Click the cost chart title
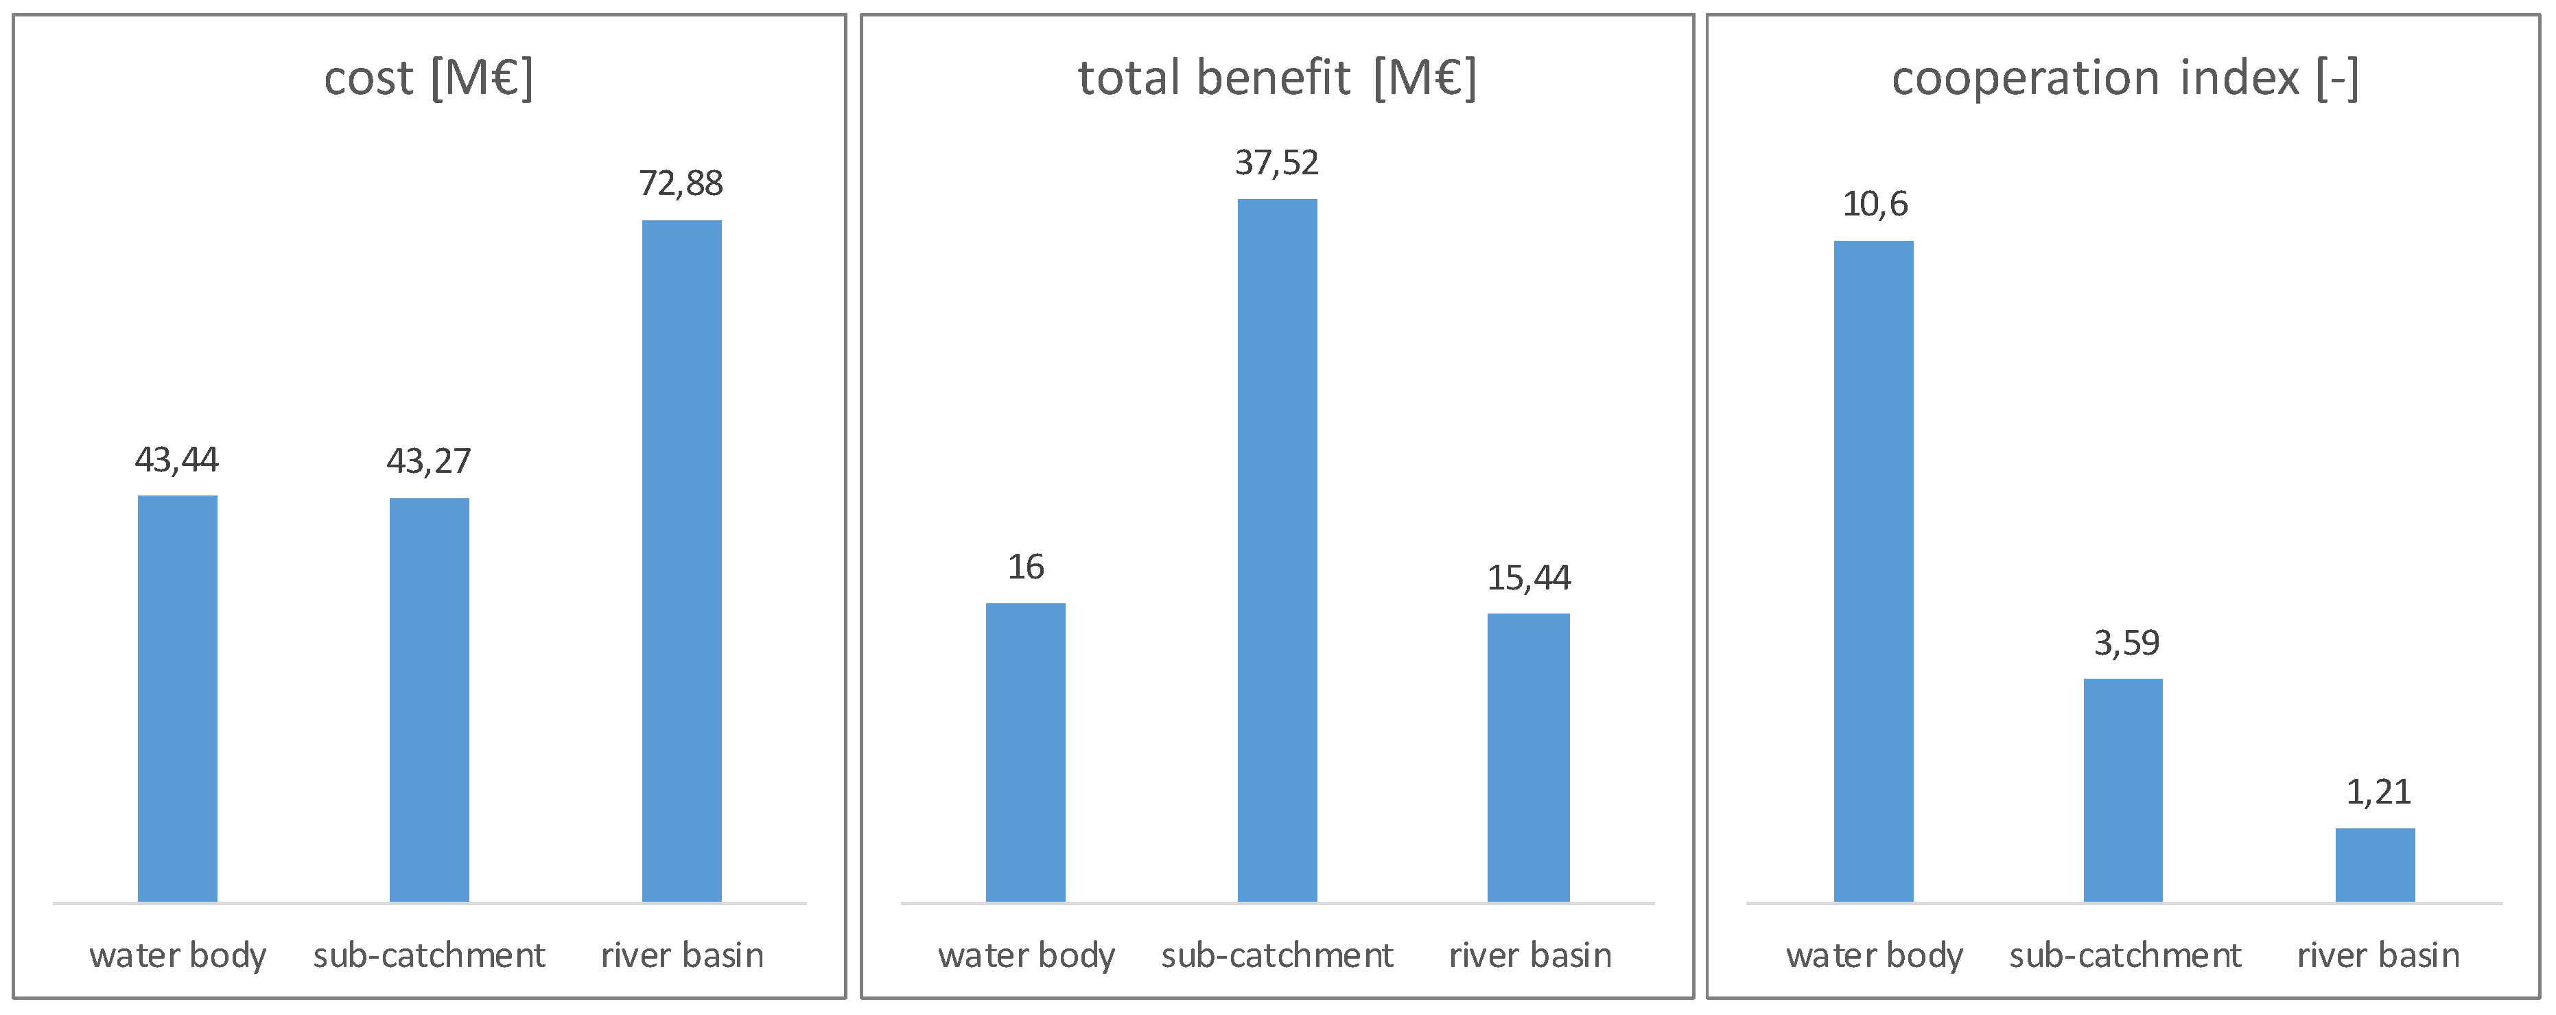click(429, 78)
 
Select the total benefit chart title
click(1277, 78)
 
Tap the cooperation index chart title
click(2124, 78)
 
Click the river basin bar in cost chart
click(681, 561)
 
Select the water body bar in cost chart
click(178, 699)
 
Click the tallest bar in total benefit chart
click(1277, 550)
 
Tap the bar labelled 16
click(1025, 752)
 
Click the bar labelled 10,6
click(1873, 572)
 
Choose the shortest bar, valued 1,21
click(2376, 865)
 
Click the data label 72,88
click(681, 183)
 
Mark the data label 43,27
click(429, 461)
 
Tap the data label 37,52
click(1277, 163)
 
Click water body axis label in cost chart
click(178, 955)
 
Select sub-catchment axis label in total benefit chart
click(1277, 955)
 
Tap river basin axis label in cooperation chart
click(2378, 955)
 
